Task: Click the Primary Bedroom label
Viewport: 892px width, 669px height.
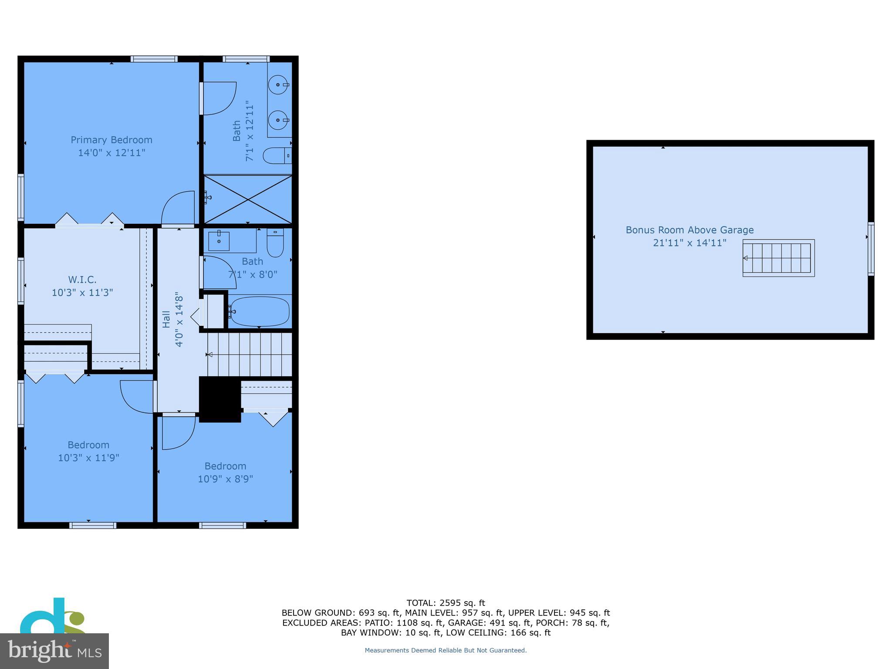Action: point(111,140)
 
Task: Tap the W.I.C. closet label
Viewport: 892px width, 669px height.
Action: point(82,280)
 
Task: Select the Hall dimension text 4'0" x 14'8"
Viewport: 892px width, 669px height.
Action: point(179,321)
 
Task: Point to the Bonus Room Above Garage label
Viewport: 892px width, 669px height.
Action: point(689,230)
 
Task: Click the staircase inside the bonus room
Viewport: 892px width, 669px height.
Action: point(778,258)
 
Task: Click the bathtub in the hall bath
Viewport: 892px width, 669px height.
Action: point(260,311)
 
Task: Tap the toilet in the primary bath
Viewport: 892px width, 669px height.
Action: point(276,155)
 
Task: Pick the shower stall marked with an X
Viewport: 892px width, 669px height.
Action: point(248,199)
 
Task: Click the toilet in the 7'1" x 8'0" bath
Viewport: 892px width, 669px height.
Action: point(275,244)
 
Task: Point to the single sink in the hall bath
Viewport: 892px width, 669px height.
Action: point(219,241)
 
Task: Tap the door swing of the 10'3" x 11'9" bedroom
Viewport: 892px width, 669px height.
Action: point(137,395)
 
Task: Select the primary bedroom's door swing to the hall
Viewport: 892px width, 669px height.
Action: point(179,208)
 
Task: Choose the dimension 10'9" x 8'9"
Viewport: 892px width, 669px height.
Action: point(225,479)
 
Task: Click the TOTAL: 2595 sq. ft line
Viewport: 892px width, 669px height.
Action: point(446,603)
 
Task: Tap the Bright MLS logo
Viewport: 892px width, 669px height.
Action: point(54,651)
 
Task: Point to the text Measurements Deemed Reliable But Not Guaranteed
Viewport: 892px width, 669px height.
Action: point(446,650)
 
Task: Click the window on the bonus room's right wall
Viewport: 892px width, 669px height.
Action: point(871,249)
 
